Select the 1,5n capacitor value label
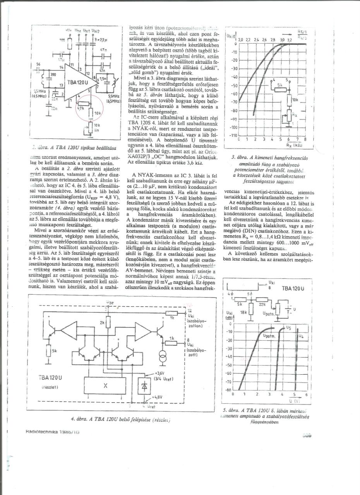click(103, 78)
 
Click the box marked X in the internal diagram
click(105, 386)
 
